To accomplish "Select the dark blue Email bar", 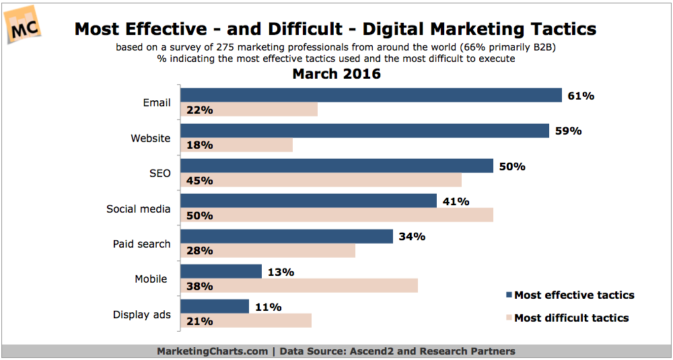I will [x=371, y=96].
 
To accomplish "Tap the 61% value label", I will [x=580, y=96].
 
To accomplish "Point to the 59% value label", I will [x=568, y=131].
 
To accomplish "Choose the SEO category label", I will [x=160, y=174].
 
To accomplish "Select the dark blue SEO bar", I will [x=336, y=166].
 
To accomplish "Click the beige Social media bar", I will [x=336, y=215].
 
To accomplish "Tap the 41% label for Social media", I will [x=456, y=201].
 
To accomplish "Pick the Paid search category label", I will [x=141, y=244].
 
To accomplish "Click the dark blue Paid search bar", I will [x=287, y=236].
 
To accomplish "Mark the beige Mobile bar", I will [x=299, y=286].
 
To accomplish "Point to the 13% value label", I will [x=281, y=272].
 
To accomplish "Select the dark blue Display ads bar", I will [x=215, y=307].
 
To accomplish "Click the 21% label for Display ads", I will [x=199, y=321].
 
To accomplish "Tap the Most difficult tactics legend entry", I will [x=571, y=318].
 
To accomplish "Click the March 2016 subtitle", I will [x=336, y=74].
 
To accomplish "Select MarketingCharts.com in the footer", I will [x=212, y=351].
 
